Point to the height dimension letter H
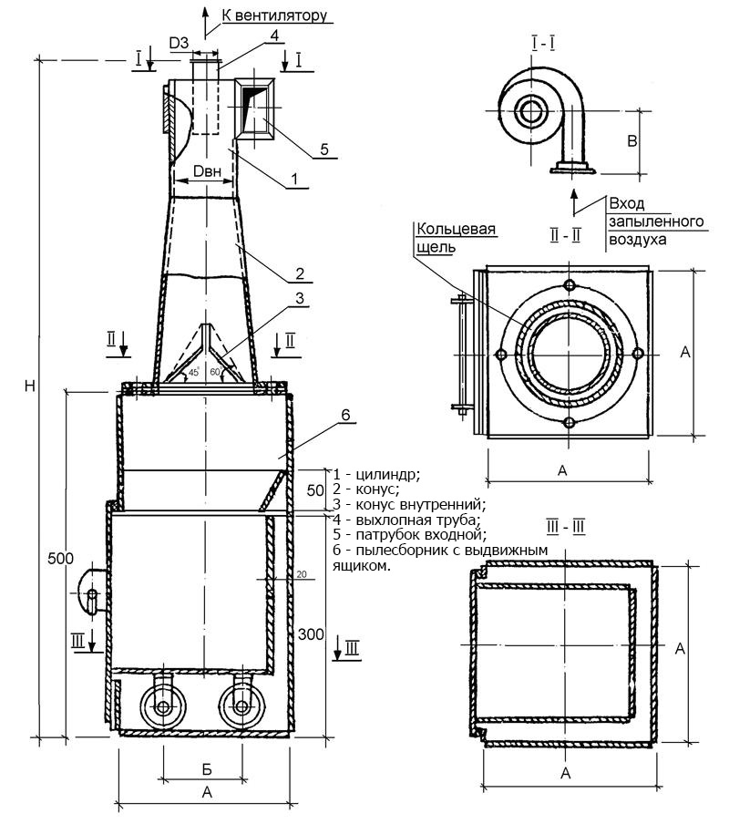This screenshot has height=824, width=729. [x=30, y=386]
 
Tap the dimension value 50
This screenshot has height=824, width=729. [x=313, y=490]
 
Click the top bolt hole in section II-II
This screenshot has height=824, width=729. [x=570, y=286]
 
